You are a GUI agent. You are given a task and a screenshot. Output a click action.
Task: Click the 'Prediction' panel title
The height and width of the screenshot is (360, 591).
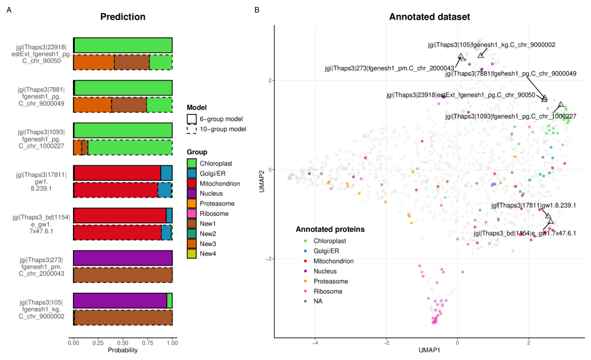[x=123, y=17]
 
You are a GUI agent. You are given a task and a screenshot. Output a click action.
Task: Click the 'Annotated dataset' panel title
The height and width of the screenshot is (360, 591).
[x=429, y=17]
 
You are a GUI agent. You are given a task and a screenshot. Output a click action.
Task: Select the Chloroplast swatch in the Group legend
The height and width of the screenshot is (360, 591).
[x=191, y=163]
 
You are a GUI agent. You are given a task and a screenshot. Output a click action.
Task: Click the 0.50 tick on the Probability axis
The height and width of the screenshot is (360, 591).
[x=123, y=342]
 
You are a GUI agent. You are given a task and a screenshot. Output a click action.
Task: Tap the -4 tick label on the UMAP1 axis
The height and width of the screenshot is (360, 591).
[x=315, y=342]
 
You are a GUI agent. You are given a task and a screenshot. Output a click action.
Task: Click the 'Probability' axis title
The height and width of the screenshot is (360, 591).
[x=122, y=351]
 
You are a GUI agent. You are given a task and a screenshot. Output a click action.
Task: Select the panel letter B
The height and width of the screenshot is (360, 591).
[x=257, y=10]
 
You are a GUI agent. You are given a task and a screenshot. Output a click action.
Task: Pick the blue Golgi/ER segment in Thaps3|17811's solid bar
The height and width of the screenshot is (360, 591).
[x=167, y=173]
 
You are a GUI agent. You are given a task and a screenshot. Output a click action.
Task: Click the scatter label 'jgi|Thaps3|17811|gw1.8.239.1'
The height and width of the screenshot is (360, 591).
[x=534, y=205]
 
